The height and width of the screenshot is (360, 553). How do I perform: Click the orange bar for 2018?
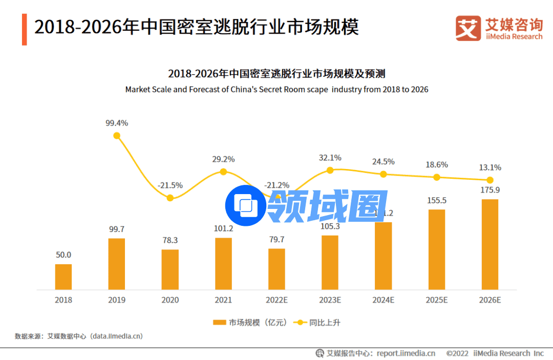pyautogui.click(x=63, y=277)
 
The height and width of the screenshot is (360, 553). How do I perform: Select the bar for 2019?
pyautogui.click(x=117, y=264)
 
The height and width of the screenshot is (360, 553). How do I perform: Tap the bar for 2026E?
pyautogui.click(x=490, y=244)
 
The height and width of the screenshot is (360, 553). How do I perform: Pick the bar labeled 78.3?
pyautogui.click(x=170, y=269)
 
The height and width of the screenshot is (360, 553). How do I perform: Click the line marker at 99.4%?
pyautogui.click(x=117, y=136)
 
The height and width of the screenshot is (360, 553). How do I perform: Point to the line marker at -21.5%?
pyautogui.click(x=170, y=198)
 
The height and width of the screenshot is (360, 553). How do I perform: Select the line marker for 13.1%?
pyautogui.click(x=490, y=180)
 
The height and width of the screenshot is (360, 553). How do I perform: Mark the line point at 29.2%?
pyautogui.click(x=223, y=172)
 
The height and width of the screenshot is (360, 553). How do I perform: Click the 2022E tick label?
pyautogui.click(x=276, y=300)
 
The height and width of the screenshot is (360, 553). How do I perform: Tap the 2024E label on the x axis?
pyautogui.click(x=383, y=300)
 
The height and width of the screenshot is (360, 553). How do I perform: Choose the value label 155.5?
pyautogui.click(x=436, y=200)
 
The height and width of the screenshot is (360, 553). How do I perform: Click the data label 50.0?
pyautogui.click(x=63, y=255)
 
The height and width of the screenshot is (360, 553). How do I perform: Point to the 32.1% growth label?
pyautogui.click(x=330, y=158)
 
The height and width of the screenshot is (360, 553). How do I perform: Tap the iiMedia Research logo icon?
pyautogui.click(x=468, y=28)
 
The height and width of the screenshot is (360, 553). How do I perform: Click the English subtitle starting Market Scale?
pyautogui.click(x=276, y=89)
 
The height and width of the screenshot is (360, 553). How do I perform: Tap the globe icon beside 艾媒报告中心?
pyautogui.click(x=320, y=353)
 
